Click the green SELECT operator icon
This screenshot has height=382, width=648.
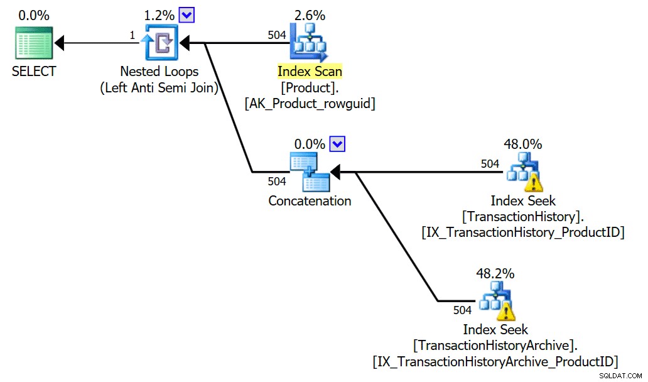(x=34, y=43)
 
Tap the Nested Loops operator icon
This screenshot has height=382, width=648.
(x=159, y=43)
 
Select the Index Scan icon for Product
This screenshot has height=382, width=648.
(x=309, y=43)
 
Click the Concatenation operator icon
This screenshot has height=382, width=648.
(x=310, y=172)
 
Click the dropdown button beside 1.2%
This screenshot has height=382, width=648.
(x=186, y=15)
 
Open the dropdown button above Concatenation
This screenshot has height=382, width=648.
(x=337, y=145)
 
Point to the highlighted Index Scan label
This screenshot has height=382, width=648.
(x=310, y=71)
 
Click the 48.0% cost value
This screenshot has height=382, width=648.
(x=523, y=144)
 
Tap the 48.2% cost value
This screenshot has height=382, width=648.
(x=495, y=273)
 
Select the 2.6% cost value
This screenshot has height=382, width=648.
(x=310, y=15)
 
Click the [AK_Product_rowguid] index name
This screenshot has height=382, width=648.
(x=310, y=104)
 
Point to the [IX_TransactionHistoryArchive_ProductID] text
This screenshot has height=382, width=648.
(x=495, y=362)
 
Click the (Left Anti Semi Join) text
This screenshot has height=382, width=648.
(x=159, y=87)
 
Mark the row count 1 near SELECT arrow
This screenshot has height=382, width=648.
(x=132, y=35)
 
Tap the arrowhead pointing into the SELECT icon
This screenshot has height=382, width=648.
(x=60, y=43)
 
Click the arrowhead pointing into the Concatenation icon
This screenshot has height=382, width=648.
(x=335, y=172)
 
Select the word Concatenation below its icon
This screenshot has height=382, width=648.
(x=310, y=201)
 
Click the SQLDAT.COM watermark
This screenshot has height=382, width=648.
(x=620, y=375)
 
